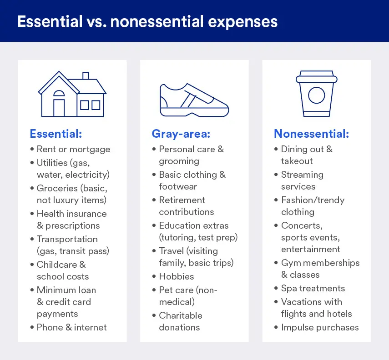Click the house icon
[72, 94]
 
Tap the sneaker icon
[194, 99]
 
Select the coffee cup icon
[316, 94]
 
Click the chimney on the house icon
[86, 76]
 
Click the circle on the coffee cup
[316, 95]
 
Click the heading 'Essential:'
[56, 134]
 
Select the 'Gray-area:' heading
[179, 134]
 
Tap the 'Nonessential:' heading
[311, 134]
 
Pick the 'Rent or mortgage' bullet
[73, 149]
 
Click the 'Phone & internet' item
[71, 327]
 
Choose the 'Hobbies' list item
[176, 276]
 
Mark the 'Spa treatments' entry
[313, 288]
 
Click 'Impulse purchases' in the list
[319, 327]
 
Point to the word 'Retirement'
[182, 200]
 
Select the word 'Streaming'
[302, 175]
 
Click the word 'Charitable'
[181, 315]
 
